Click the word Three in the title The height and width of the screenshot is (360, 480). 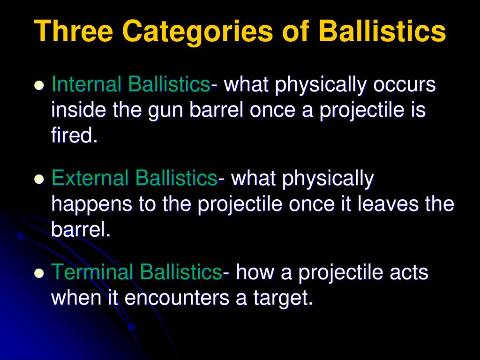click(74, 30)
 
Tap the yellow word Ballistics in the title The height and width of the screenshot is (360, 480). click(382, 30)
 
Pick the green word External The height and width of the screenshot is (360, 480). click(90, 178)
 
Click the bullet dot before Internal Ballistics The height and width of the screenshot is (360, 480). click(39, 85)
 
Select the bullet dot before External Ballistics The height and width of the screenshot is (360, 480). click(39, 180)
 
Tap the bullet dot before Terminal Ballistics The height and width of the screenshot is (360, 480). click(39, 273)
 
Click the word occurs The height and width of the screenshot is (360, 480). click(404, 85)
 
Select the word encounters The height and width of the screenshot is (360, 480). click(177, 298)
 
